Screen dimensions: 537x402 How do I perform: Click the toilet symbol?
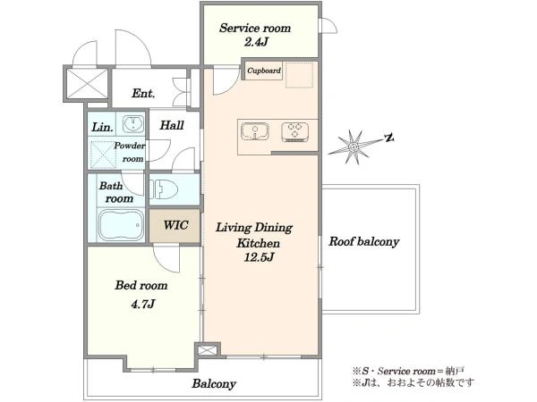pos(164,189)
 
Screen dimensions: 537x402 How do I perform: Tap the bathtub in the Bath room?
pos(120,225)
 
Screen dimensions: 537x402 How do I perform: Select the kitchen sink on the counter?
pos(255,131)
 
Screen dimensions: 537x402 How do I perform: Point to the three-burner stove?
pos(294,132)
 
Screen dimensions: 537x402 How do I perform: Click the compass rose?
pos(354,147)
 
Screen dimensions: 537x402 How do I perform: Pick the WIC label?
pos(175,225)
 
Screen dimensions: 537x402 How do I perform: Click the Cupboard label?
pos(264,71)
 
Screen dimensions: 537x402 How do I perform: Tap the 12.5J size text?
pos(259,256)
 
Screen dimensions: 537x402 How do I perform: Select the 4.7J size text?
pos(143,304)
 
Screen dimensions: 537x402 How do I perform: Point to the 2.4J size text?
pos(255,42)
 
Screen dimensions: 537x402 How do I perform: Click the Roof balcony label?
pos(364,242)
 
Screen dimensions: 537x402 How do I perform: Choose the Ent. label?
pos(143,93)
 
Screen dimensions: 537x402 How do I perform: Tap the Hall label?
pos(172,125)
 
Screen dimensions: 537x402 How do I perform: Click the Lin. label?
pos(102,128)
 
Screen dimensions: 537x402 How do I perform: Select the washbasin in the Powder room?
pos(133,123)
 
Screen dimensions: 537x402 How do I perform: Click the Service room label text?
pos(255,28)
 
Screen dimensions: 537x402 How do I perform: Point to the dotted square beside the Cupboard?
pos(299,75)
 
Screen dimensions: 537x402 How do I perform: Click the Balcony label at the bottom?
pos(214,383)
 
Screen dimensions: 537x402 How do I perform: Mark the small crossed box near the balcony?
pos(208,350)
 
